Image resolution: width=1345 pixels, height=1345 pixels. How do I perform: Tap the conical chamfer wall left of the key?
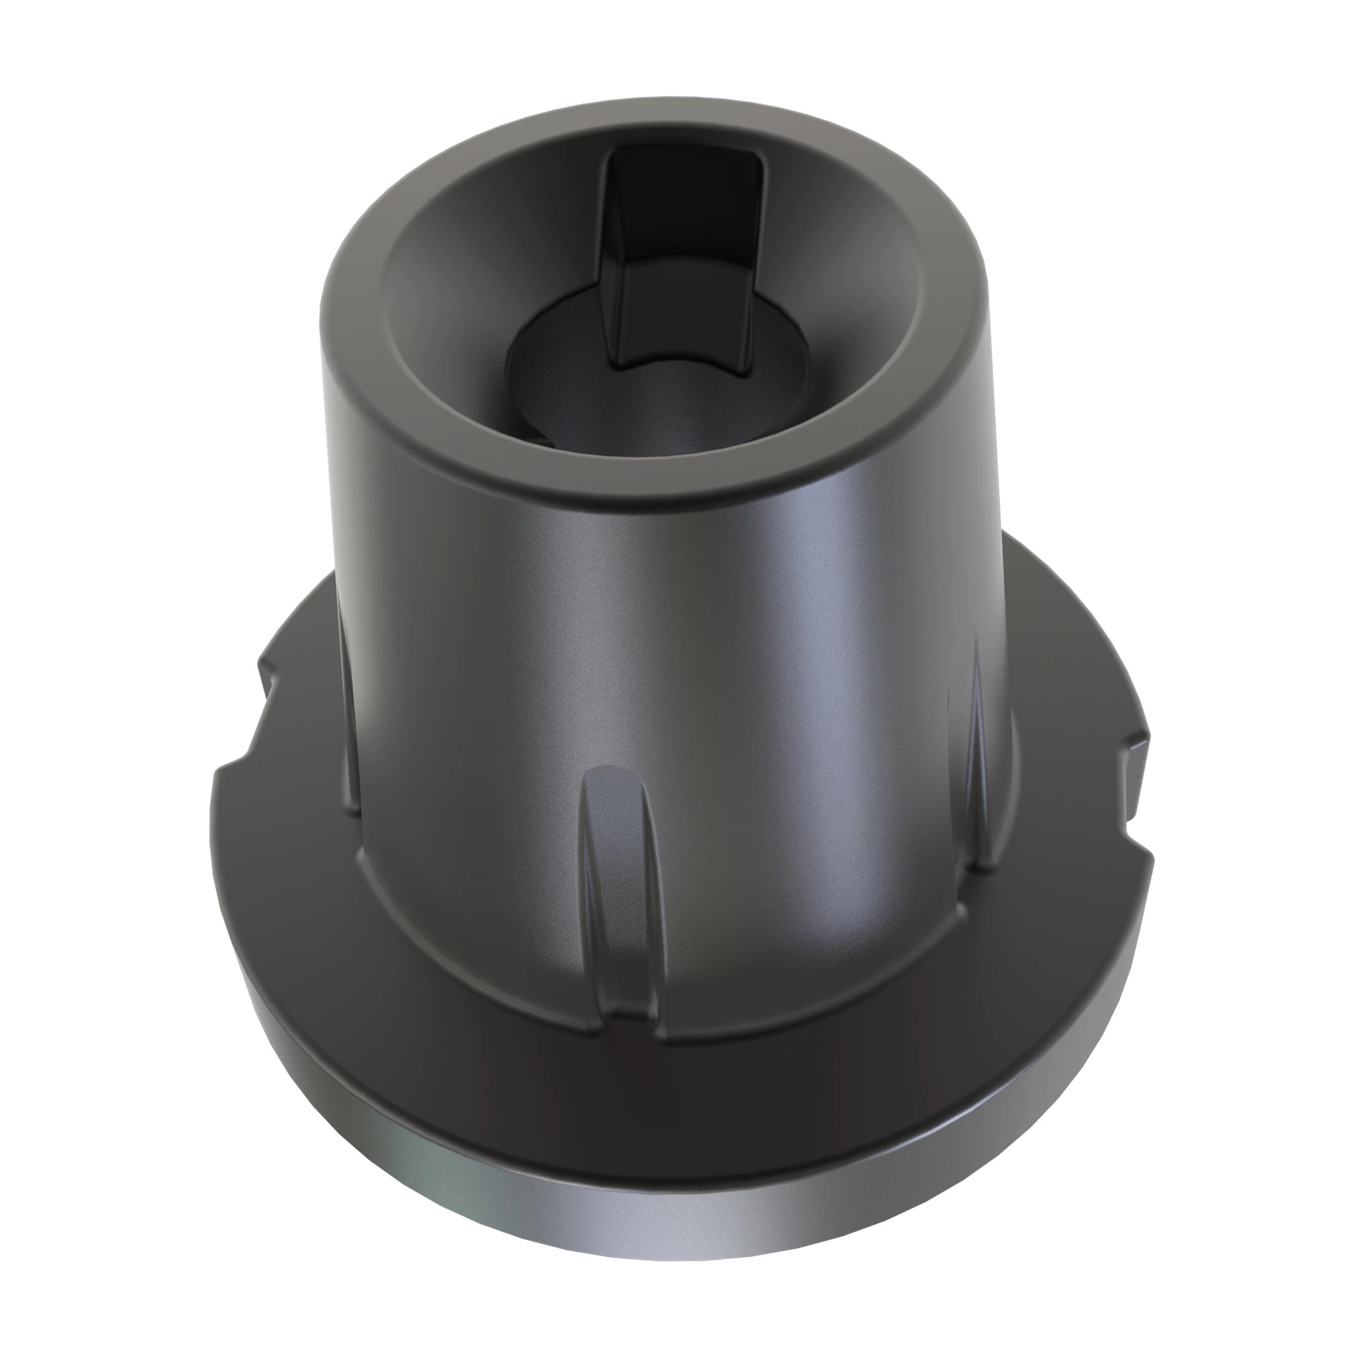tap(488, 293)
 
